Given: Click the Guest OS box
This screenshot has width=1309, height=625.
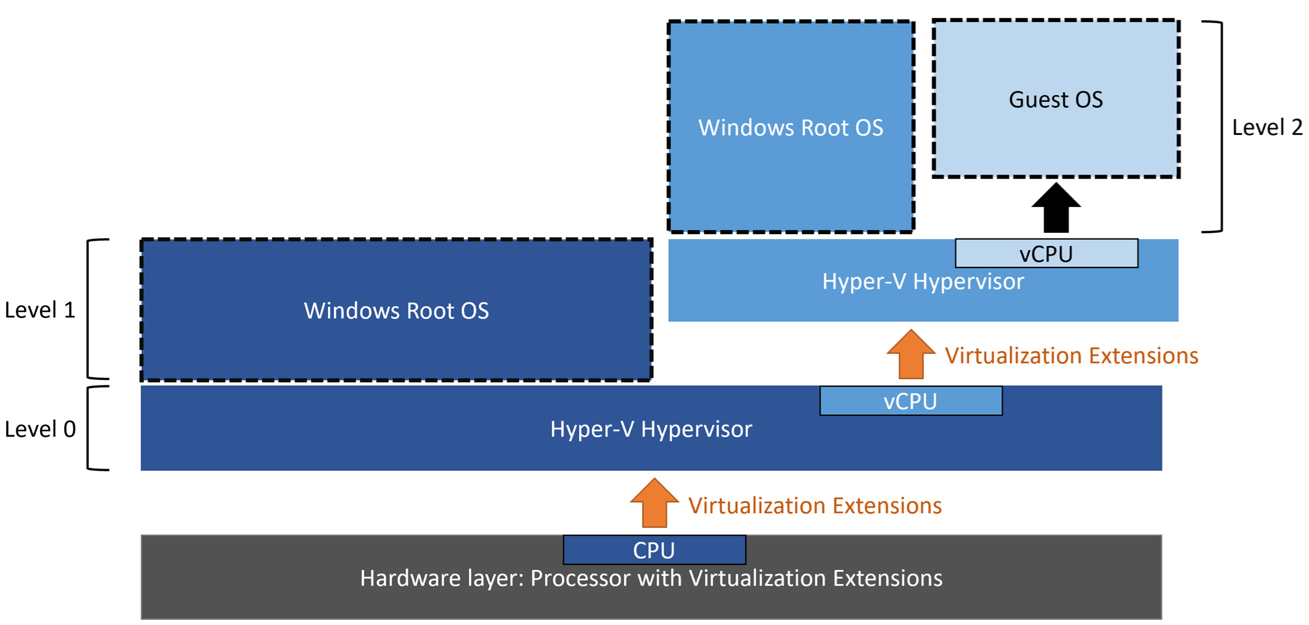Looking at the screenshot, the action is click(1056, 99).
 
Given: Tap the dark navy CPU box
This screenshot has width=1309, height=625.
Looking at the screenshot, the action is click(654, 550).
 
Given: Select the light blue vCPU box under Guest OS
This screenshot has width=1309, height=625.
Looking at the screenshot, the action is click(1046, 253).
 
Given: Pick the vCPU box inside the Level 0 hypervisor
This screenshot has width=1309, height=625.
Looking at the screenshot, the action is click(911, 401).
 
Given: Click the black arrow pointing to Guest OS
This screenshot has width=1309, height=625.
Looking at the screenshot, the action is click(1056, 207).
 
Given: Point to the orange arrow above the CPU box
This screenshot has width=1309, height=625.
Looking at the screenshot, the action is click(654, 503).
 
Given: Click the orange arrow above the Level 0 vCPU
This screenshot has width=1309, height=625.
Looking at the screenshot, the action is click(911, 354).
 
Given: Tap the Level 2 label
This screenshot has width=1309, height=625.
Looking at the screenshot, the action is click(1267, 127).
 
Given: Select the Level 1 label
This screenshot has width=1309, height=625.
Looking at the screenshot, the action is click(40, 310).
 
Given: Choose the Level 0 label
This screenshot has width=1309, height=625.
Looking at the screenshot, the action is click(40, 429).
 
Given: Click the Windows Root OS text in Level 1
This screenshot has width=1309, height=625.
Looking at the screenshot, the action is click(396, 311).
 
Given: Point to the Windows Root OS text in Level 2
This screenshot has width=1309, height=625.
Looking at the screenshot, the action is click(790, 127).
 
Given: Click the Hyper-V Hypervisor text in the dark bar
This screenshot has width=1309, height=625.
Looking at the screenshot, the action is click(651, 429).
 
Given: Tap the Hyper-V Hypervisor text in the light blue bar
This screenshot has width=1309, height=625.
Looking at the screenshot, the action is click(923, 281).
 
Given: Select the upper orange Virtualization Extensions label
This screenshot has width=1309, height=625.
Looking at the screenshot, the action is click(1072, 355).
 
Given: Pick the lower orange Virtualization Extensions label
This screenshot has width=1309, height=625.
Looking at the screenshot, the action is click(815, 505).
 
